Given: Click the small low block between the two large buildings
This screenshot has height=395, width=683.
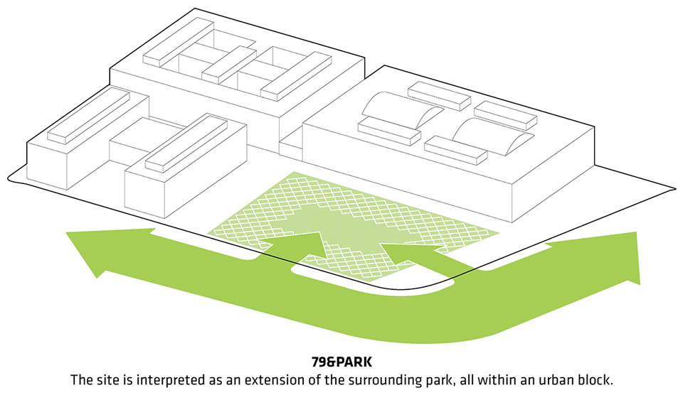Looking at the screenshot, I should [291, 145].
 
